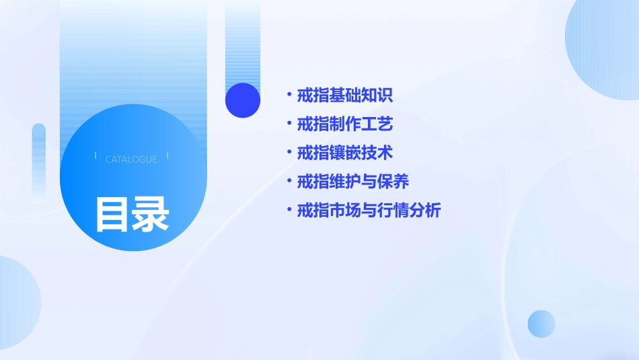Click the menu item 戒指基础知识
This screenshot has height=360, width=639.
click(x=344, y=96)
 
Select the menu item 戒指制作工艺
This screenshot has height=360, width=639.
click(x=344, y=124)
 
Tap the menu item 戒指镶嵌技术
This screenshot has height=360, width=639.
click(x=344, y=153)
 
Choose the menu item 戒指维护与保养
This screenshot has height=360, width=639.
click(x=353, y=182)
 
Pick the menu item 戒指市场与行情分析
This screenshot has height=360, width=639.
click(x=369, y=211)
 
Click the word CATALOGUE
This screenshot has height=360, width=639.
click(x=131, y=159)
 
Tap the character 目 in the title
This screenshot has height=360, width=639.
click(x=112, y=214)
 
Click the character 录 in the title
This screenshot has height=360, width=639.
click(x=151, y=214)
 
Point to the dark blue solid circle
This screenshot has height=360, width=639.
click(x=243, y=100)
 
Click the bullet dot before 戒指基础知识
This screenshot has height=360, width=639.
click(x=289, y=95)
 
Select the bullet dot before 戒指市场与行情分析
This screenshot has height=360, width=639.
click(x=289, y=210)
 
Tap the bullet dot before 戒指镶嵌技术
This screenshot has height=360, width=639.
click(x=289, y=152)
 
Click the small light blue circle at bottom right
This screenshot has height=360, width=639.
click(x=541, y=324)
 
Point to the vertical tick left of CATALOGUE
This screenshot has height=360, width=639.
click(x=96, y=156)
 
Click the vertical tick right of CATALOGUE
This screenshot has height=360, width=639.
click(x=167, y=156)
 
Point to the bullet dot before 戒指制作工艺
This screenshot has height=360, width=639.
click(x=289, y=124)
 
